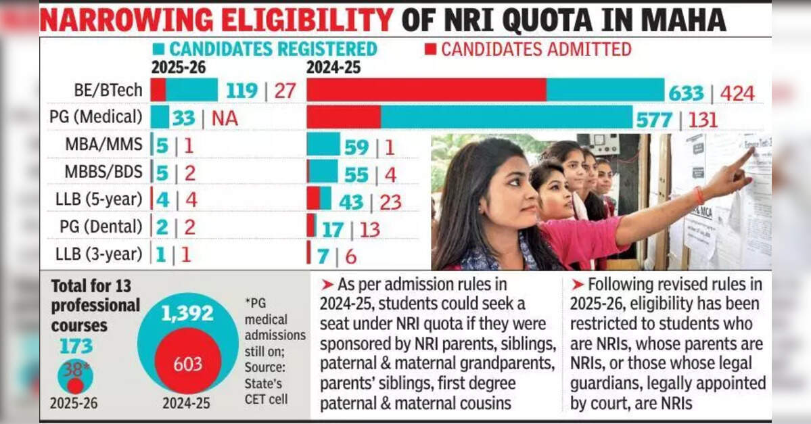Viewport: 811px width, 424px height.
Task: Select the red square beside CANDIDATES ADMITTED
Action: [x=430, y=49]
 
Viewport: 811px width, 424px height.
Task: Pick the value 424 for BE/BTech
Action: [x=737, y=93]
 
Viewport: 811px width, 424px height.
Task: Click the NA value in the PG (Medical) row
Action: [x=225, y=118]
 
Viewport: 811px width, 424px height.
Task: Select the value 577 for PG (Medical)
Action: [x=654, y=120]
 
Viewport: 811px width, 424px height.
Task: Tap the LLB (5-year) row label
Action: [x=99, y=199]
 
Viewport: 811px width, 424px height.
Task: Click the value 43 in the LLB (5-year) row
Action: [x=350, y=202]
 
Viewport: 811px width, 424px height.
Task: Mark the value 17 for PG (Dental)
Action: [x=332, y=229]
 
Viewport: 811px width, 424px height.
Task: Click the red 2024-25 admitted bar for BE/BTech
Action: [x=427, y=90]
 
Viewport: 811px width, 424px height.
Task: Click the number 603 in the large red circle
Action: [x=187, y=364]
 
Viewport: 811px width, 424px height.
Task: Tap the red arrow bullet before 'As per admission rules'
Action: [x=327, y=285]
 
